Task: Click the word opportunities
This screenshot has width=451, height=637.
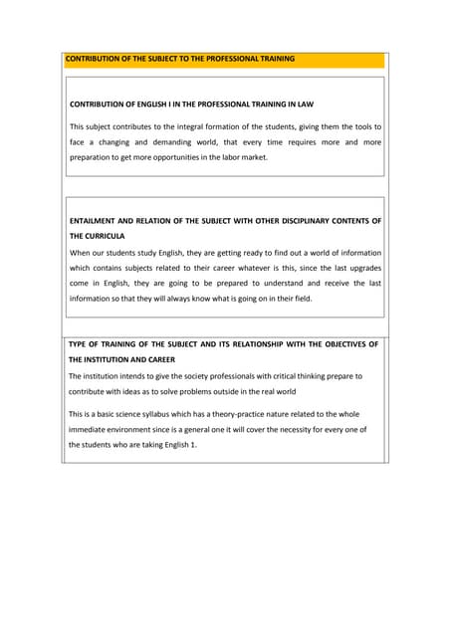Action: [x=203, y=157]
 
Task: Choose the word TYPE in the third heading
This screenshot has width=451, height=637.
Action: [x=79, y=343]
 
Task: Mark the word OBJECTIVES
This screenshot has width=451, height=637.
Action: [x=332, y=343]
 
